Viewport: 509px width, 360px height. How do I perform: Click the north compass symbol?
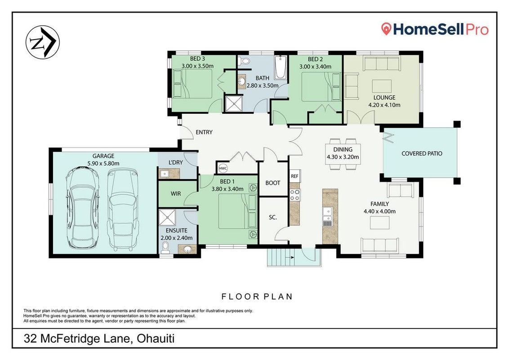[x=43, y=42]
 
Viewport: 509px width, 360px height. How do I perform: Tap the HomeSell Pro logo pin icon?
[x=386, y=29]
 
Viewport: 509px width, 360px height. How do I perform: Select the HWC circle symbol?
[x=223, y=168]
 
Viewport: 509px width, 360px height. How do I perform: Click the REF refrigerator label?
[x=295, y=176]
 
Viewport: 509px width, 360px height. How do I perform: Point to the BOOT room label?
[x=272, y=183]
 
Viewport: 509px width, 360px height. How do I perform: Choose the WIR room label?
[x=176, y=193]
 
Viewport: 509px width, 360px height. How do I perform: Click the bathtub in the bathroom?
[x=280, y=67]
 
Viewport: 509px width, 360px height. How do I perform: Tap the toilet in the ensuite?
[x=165, y=247]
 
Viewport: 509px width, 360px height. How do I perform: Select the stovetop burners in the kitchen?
[x=295, y=194]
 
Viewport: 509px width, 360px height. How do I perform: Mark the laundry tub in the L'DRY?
[x=165, y=174]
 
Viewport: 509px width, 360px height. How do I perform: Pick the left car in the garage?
[x=82, y=207]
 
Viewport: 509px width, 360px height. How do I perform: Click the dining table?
[x=343, y=154]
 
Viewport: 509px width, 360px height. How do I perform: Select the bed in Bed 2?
[x=321, y=86]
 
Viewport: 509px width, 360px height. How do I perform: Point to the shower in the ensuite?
[x=168, y=217]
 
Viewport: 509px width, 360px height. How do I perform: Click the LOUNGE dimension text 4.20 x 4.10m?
[x=384, y=105]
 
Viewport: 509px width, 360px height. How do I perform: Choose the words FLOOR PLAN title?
[x=257, y=296]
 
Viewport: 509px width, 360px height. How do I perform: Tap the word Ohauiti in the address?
[x=156, y=338]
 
